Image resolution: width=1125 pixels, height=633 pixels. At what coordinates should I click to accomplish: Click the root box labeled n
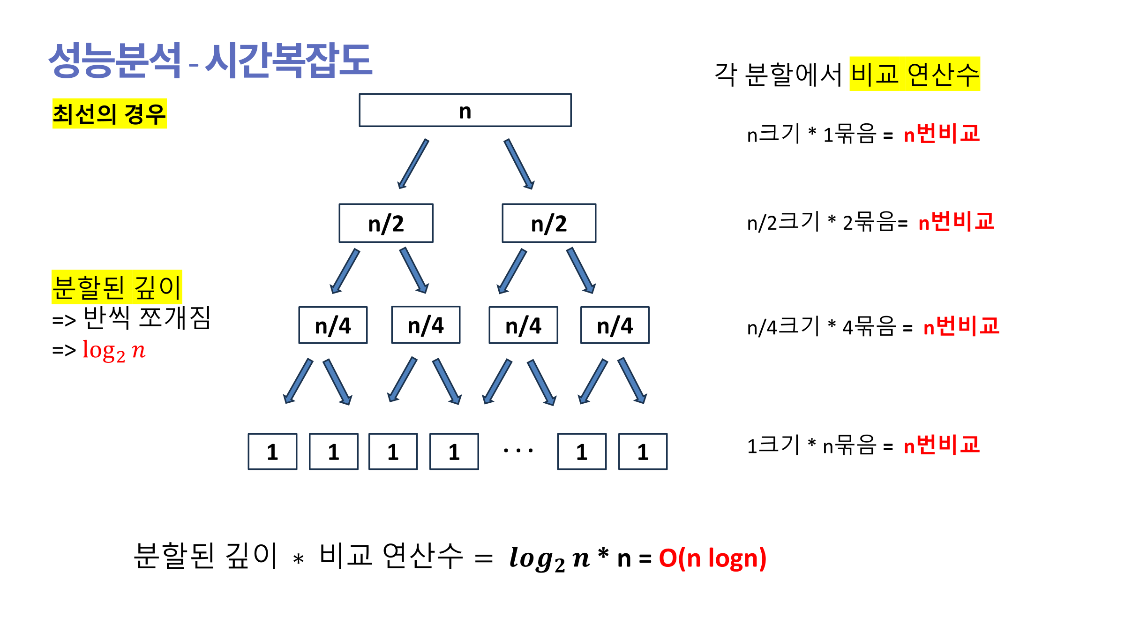pyautogui.click(x=465, y=110)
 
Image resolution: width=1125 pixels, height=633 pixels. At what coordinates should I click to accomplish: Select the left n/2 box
pyautogui.click(x=386, y=223)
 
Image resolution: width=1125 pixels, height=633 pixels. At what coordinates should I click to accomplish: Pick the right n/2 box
pyautogui.click(x=549, y=223)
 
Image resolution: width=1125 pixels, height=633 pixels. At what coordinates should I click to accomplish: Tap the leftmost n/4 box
pyautogui.click(x=333, y=325)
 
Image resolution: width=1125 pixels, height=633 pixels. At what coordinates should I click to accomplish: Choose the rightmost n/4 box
pyautogui.click(x=615, y=325)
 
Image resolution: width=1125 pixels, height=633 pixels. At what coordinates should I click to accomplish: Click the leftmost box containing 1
pyautogui.click(x=272, y=452)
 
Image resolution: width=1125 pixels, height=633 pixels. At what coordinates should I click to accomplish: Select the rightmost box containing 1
pyautogui.click(x=643, y=452)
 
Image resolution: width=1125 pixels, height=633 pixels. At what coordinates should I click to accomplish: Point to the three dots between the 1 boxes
pyautogui.click(x=518, y=451)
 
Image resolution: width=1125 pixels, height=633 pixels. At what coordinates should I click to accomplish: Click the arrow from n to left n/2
pyautogui.click(x=413, y=164)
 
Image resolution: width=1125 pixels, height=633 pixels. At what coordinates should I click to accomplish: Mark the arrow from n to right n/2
pyautogui.click(x=519, y=164)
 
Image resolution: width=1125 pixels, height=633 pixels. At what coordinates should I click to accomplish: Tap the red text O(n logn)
pyautogui.click(x=712, y=558)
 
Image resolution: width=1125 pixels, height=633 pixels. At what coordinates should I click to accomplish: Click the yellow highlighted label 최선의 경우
pyautogui.click(x=109, y=113)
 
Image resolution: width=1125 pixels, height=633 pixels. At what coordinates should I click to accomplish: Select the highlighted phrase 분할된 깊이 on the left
pyautogui.click(x=117, y=287)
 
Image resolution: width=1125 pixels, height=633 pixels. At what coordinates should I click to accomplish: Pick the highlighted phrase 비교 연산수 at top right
pyautogui.click(x=915, y=74)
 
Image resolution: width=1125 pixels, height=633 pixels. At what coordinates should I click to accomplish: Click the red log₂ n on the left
pyautogui.click(x=114, y=350)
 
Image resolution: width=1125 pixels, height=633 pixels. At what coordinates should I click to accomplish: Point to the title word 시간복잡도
pyautogui.click(x=289, y=60)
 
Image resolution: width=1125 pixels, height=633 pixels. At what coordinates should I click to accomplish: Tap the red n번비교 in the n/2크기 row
pyautogui.click(x=956, y=221)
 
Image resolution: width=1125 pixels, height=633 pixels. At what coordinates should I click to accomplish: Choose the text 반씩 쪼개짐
pyautogui.click(x=147, y=318)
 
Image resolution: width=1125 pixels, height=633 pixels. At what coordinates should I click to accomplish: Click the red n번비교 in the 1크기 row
pyautogui.click(x=942, y=445)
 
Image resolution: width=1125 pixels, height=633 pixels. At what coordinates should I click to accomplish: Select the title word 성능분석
pyautogui.click(x=115, y=60)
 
